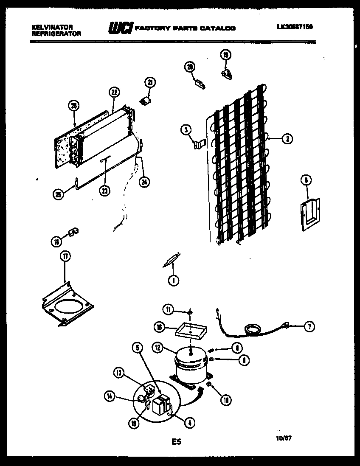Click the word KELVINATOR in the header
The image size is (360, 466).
(x=52, y=27)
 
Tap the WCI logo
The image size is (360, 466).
(x=120, y=28)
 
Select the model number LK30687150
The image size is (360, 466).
(x=295, y=27)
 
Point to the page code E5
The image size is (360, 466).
(x=176, y=442)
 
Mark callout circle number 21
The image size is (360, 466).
(x=149, y=82)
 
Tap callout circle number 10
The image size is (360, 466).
(x=225, y=399)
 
